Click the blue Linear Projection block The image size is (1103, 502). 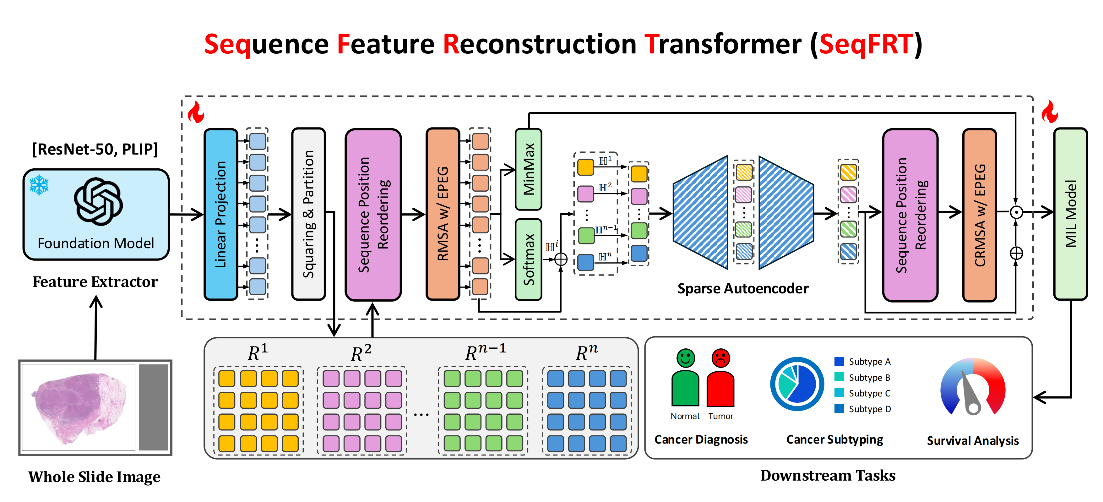tap(221, 214)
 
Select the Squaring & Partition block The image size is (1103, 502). tap(308, 214)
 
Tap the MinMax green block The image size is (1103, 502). tap(528, 169)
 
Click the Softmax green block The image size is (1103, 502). tap(528, 259)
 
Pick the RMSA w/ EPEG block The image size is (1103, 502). tap(443, 214)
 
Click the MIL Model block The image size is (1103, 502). tap(1070, 214)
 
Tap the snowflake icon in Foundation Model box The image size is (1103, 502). tap(39, 185)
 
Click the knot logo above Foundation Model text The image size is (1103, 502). tap(98, 201)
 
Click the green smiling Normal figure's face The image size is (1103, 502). tap(686, 358)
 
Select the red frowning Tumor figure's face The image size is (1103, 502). tap(721, 358)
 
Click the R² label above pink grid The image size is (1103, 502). tap(361, 353)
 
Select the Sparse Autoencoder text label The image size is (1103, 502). tap(743, 289)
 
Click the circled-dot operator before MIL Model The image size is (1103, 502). tap(1016, 212)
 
